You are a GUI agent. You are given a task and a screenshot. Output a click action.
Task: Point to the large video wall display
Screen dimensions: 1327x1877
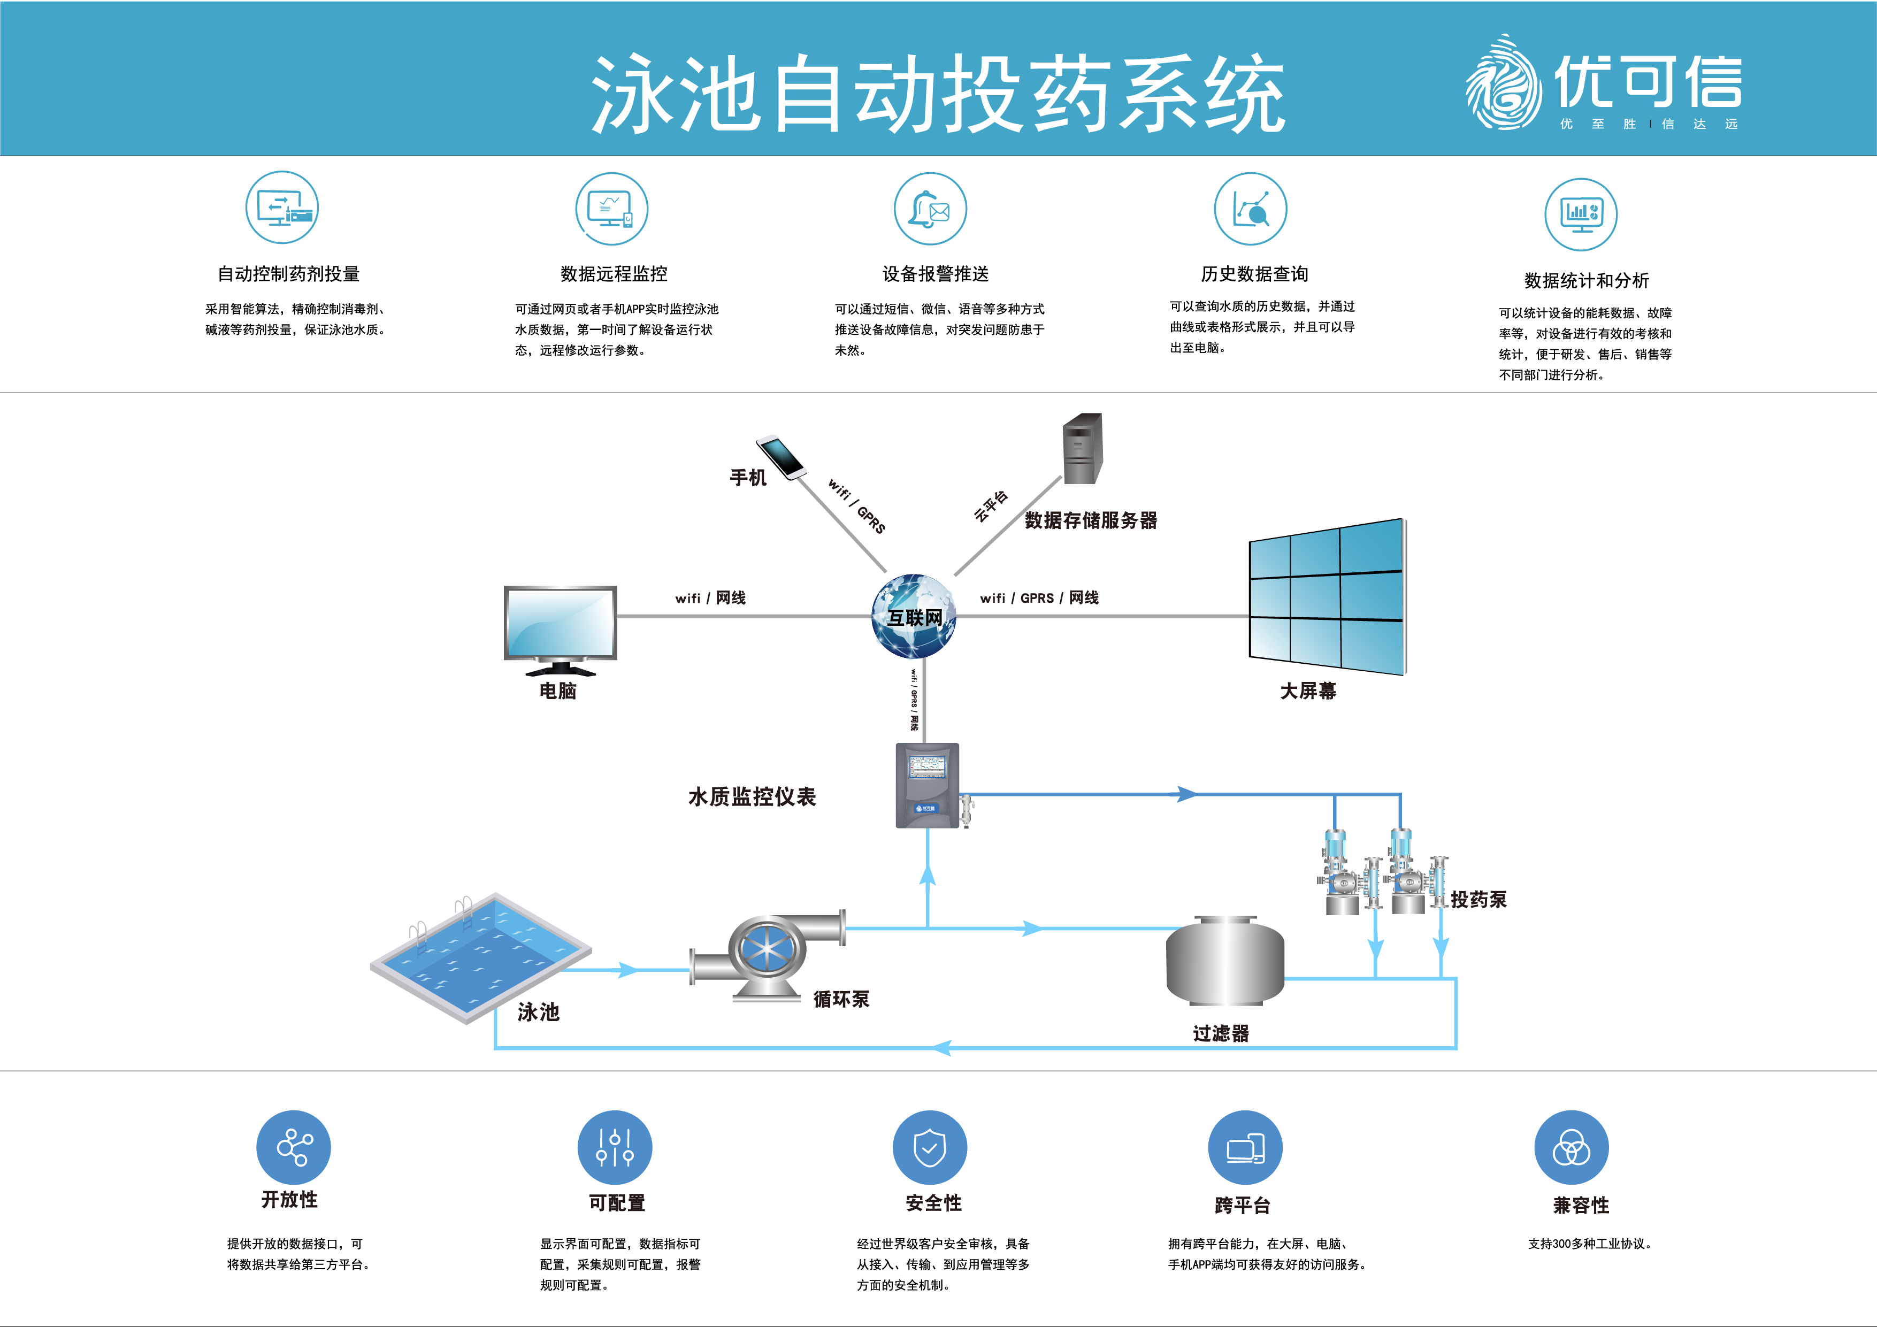tap(1326, 597)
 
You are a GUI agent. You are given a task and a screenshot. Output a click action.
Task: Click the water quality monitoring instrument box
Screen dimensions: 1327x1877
tap(927, 785)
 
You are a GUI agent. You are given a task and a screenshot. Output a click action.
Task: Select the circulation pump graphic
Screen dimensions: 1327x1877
tap(767, 954)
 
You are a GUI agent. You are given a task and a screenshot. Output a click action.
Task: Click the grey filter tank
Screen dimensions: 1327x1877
tap(1224, 961)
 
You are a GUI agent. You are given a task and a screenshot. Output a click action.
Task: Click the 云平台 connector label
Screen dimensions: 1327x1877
tap(991, 506)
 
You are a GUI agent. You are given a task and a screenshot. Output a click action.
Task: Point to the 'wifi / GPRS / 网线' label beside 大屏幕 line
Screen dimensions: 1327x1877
tap(1039, 597)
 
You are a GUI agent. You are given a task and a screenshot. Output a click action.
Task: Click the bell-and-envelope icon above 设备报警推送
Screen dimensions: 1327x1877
tap(930, 209)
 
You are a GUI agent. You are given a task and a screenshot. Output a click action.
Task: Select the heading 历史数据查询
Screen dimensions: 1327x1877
tap(1254, 274)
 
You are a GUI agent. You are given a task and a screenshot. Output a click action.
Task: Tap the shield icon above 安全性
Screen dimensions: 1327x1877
tap(930, 1147)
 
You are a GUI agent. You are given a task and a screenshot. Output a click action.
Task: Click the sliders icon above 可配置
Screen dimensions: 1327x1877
tap(614, 1147)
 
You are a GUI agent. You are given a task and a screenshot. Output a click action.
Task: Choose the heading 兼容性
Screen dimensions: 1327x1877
tap(1580, 1205)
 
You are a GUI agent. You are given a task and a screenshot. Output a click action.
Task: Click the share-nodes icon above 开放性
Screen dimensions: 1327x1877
tap(294, 1147)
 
